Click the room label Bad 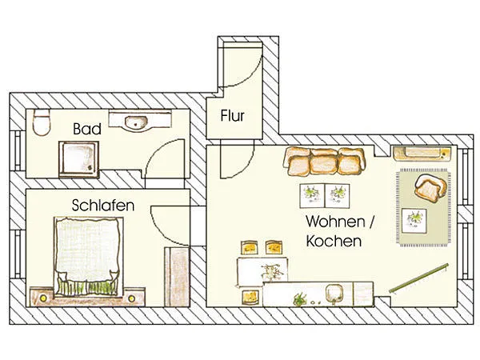87,129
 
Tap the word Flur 233,116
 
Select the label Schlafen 103,205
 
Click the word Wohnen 335,222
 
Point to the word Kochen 334,241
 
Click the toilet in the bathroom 42,122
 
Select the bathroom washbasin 140,122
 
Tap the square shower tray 79,159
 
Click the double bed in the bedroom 89,257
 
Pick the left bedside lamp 43,298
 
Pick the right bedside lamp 132,298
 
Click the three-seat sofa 325,162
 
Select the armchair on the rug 430,188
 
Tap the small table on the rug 414,221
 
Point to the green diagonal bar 418,278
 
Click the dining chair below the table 251,298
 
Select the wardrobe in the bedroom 177,277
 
